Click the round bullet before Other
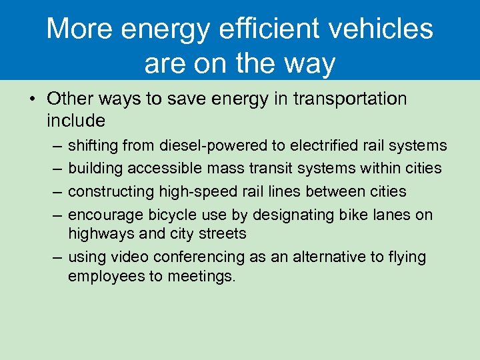[x=32, y=99]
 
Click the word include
[x=76, y=121]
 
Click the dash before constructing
[x=54, y=192]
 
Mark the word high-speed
[x=190, y=191]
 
